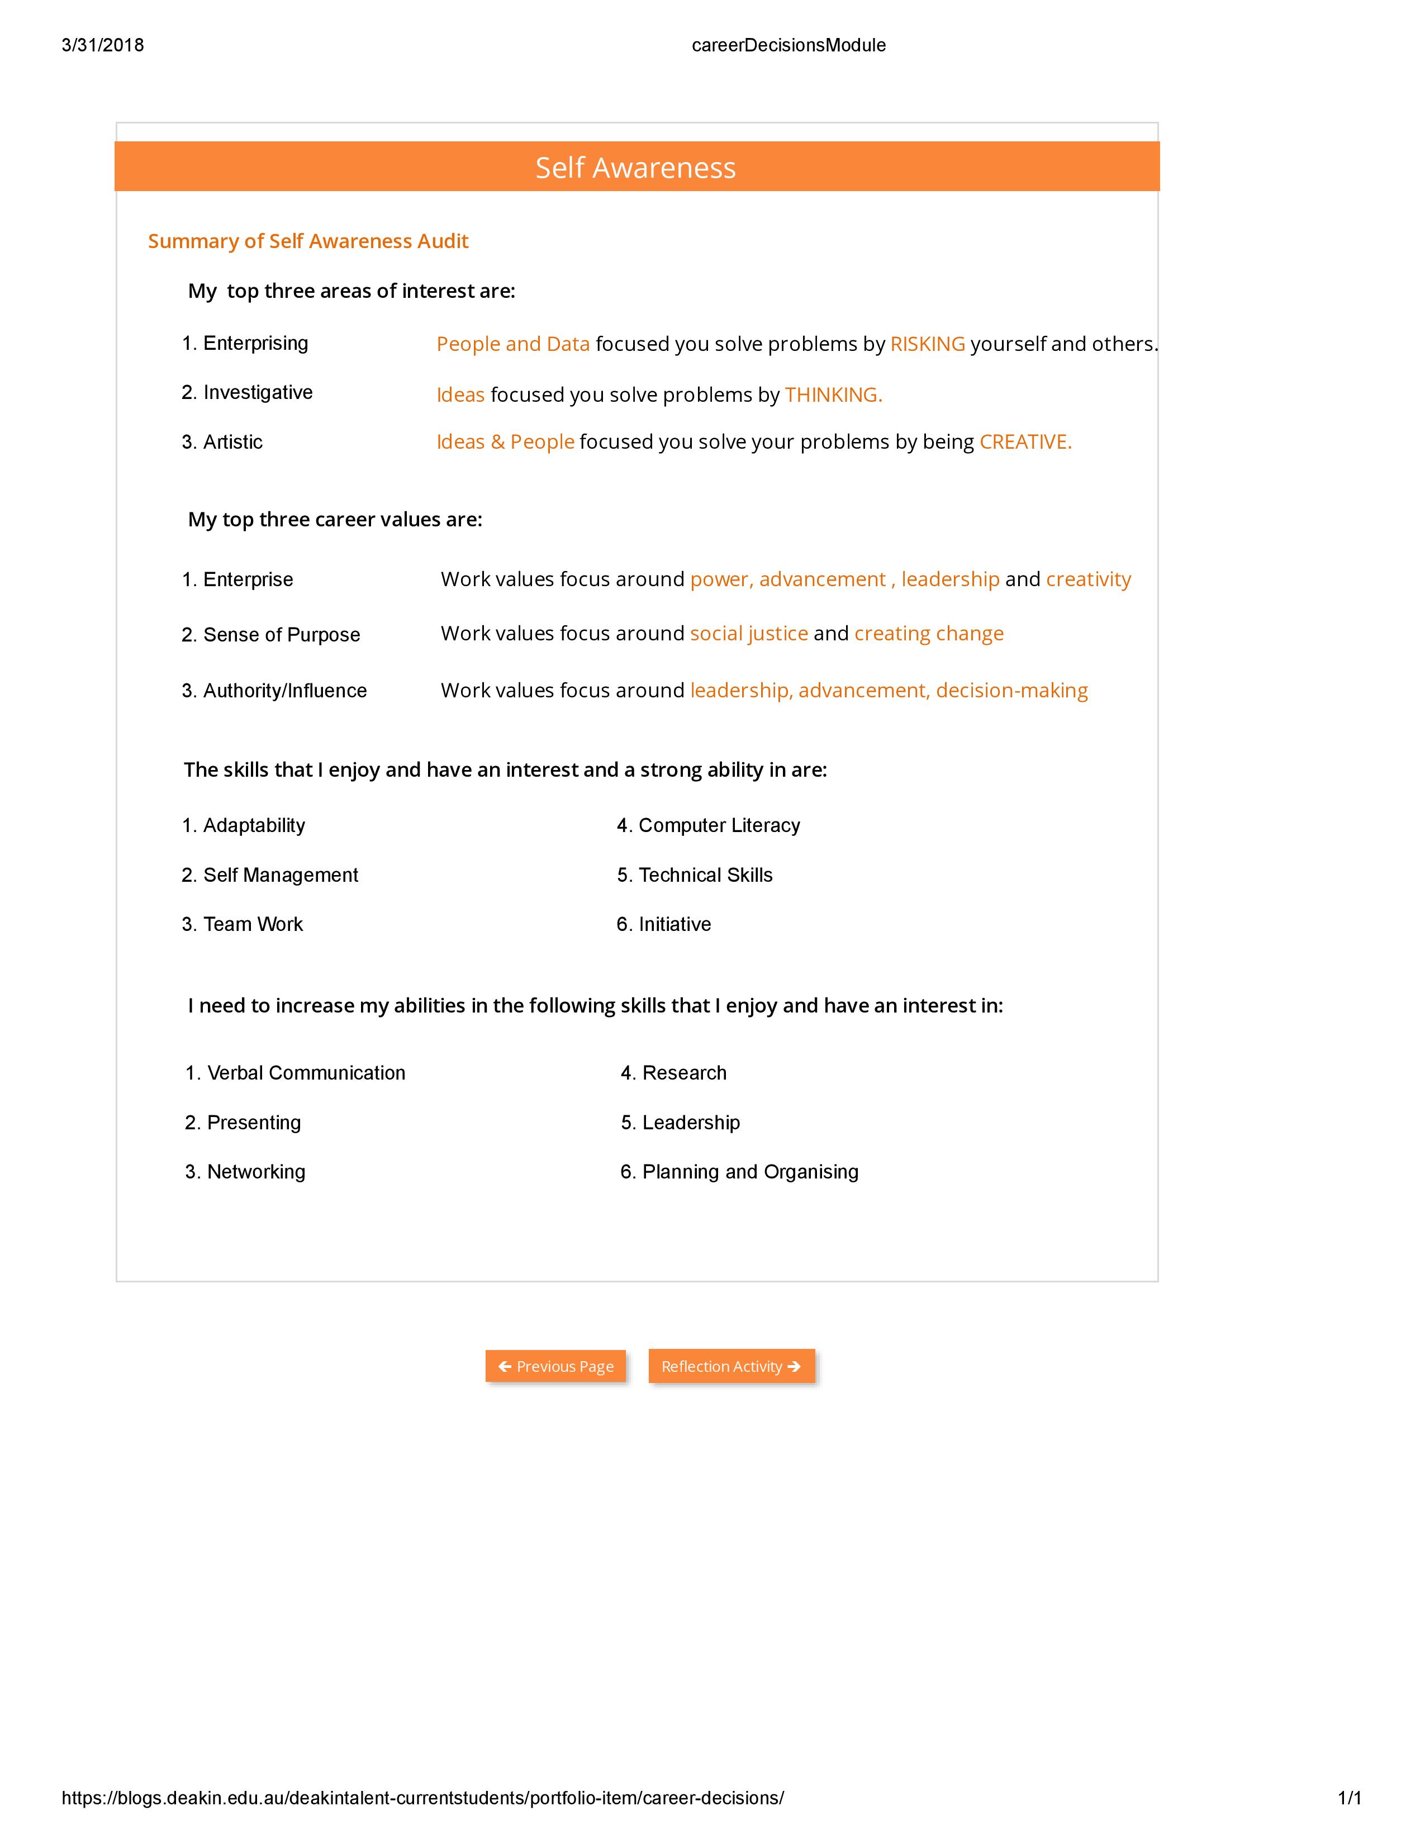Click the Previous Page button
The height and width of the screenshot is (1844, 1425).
(x=555, y=1366)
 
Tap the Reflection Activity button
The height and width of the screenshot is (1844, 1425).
(x=731, y=1366)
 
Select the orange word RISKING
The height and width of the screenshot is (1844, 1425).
(x=927, y=344)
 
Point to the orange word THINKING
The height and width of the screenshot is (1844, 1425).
(x=833, y=395)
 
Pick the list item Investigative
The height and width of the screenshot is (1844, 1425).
(x=258, y=393)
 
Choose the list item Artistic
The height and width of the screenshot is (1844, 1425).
(x=232, y=443)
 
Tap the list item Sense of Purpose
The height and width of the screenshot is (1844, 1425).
(x=281, y=635)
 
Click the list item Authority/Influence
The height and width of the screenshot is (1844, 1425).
(x=284, y=691)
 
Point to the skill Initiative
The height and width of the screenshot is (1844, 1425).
(x=674, y=925)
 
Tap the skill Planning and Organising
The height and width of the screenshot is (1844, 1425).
(x=749, y=1172)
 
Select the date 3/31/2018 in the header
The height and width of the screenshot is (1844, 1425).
(x=103, y=46)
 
